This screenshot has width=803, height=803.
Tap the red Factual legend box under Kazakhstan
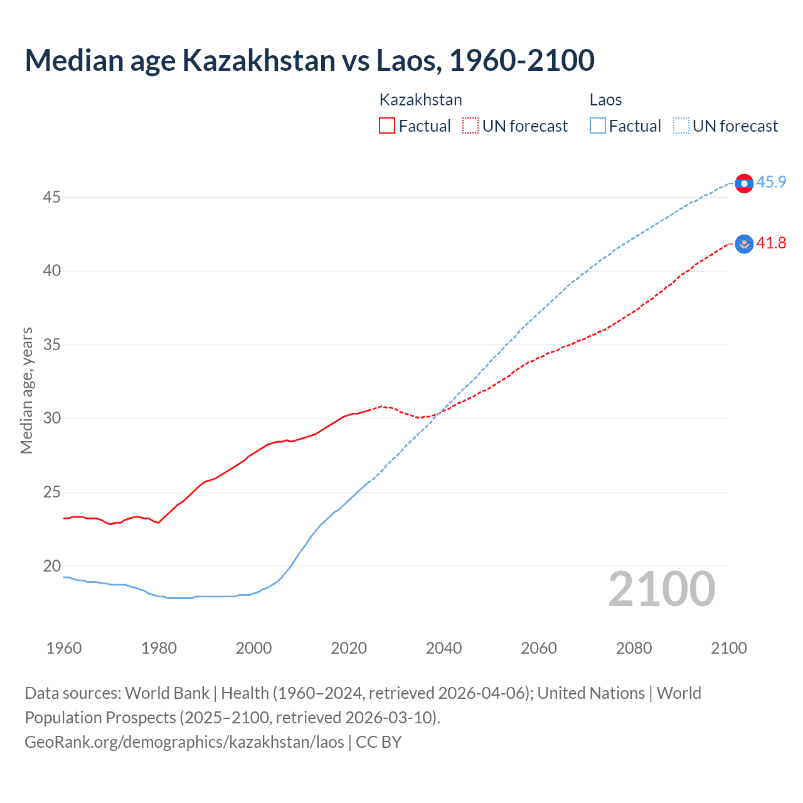(387, 126)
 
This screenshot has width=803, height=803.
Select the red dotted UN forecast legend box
(471, 126)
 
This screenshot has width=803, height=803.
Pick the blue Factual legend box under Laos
(597, 126)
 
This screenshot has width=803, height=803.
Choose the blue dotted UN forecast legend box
(681, 126)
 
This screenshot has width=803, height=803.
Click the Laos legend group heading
(605, 100)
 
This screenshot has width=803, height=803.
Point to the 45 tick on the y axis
(51, 198)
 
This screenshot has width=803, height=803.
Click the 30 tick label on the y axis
(51, 418)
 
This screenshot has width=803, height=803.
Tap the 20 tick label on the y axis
(51, 566)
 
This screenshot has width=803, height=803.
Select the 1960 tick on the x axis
(64, 648)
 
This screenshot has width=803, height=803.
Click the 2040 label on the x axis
(444, 648)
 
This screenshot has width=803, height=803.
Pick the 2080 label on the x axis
(634, 648)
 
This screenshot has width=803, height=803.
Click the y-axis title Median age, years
(26, 390)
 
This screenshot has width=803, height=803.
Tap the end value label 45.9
(771, 183)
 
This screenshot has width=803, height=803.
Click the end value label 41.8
(771, 243)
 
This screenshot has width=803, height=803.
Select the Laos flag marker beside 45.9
(744, 183)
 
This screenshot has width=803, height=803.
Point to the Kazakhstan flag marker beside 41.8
(744, 244)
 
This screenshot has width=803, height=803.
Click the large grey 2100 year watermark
(661, 589)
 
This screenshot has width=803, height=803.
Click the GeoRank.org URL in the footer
(184, 742)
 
